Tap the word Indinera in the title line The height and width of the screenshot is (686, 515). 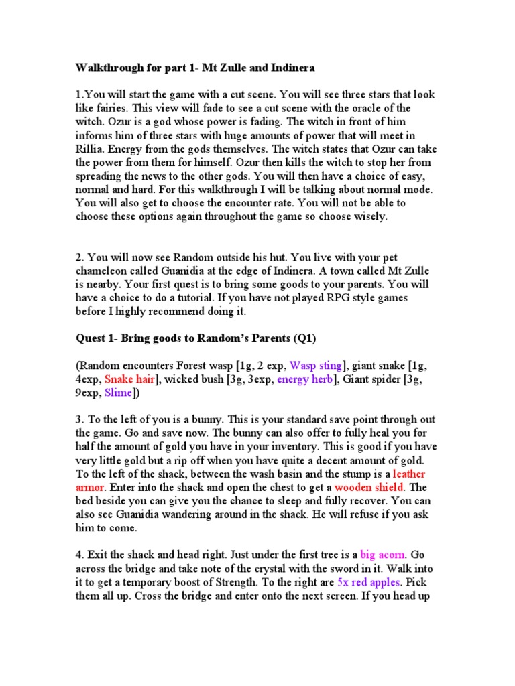tap(286, 68)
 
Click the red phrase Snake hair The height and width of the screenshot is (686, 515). tap(129, 379)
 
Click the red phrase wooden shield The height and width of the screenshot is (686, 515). tap(371, 486)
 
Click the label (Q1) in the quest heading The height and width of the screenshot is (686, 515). tap(305, 338)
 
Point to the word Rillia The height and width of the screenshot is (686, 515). tap(91, 149)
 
